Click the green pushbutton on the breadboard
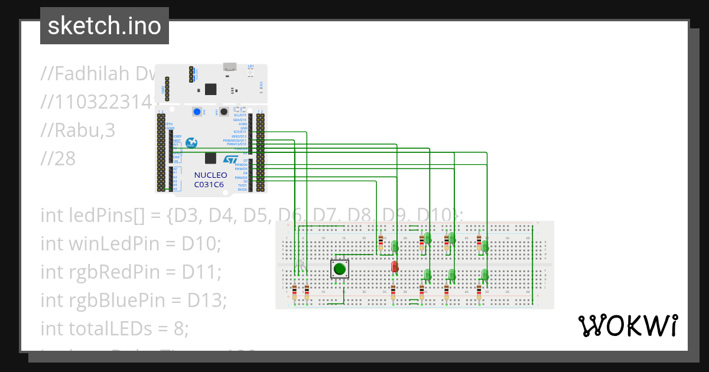click(339, 269)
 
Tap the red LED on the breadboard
click(394, 266)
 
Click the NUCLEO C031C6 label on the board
click(210, 180)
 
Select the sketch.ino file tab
click(105, 26)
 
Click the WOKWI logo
click(627, 325)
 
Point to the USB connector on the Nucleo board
click(230, 67)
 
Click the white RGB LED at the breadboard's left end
click(301, 263)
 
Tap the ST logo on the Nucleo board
click(230, 159)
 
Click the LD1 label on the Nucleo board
click(251, 66)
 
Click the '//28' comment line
click(58, 158)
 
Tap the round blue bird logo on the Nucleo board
click(191, 142)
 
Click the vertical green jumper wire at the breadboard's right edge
click(532, 263)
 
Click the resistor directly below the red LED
click(393, 292)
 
